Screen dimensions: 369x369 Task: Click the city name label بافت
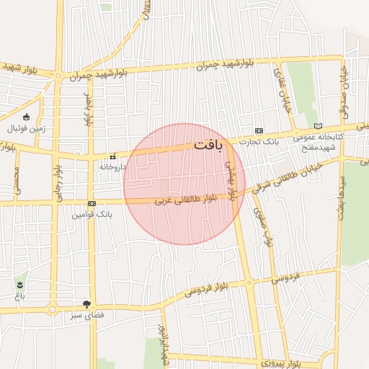(208, 145)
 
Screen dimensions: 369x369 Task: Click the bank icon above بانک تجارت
(259, 130)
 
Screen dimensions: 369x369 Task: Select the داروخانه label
(112, 166)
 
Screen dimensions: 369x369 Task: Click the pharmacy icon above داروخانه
(112, 156)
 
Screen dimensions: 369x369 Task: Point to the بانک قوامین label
(93, 214)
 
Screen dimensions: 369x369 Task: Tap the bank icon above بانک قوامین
(92, 204)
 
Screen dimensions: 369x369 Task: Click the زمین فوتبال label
(26, 128)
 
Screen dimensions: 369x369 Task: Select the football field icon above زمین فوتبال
(27, 117)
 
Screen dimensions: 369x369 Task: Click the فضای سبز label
(87, 315)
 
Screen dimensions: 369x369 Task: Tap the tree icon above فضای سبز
(87, 304)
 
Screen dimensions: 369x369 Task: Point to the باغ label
(18, 295)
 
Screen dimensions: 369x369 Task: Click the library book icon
(318, 126)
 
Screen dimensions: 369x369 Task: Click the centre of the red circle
(184, 184)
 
